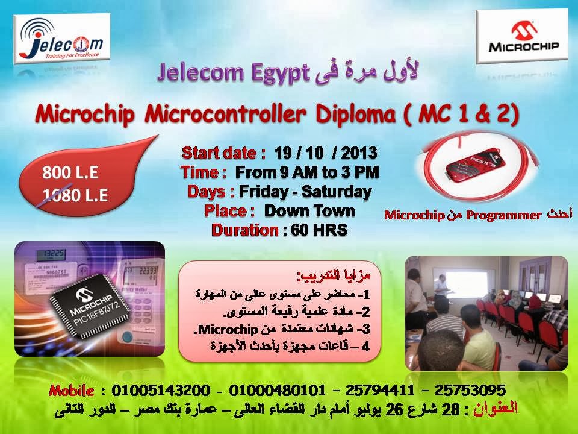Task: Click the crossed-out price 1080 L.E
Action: click(70, 195)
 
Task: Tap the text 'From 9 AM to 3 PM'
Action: click(306, 172)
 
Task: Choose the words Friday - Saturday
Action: click(305, 192)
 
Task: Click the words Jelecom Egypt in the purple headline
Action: click(233, 73)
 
